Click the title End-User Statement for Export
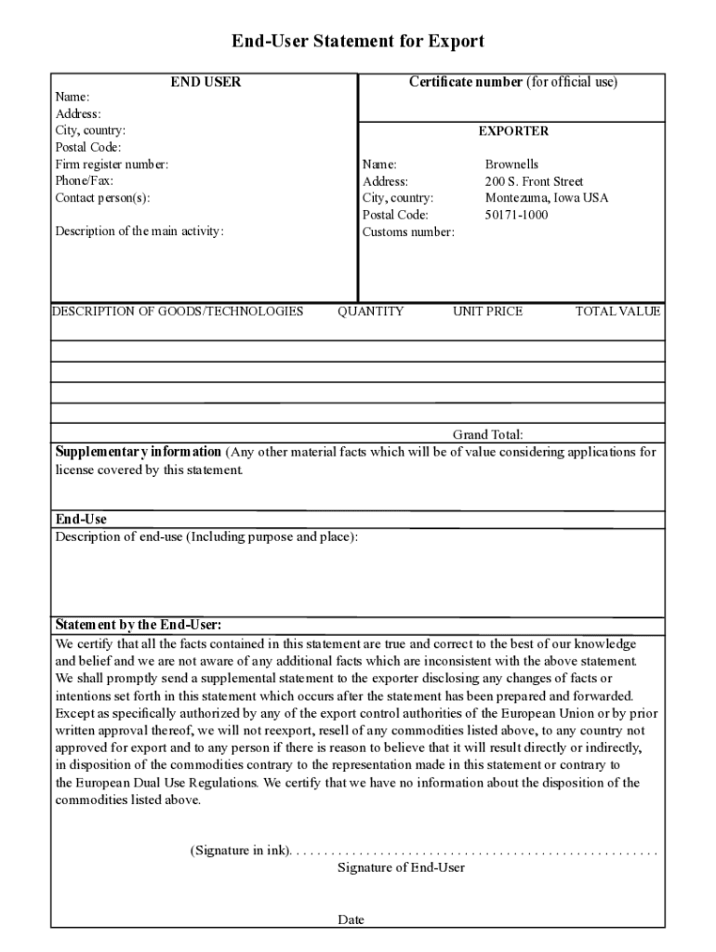[358, 42]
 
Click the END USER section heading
[206, 82]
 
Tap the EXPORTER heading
[513, 131]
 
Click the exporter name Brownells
[511, 165]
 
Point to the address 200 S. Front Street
[534, 181]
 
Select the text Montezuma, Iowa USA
[547, 198]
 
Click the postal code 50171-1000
[516, 215]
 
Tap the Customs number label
[408, 231]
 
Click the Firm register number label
[112, 165]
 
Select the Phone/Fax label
[84, 181]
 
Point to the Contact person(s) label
[102, 198]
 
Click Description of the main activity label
[139, 231]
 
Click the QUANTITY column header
[370, 311]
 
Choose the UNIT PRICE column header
[487, 311]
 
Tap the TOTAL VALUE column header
[617, 311]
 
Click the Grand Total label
[487, 434]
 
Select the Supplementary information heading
[139, 452]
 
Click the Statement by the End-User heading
[138, 625]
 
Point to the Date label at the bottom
[351, 919]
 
